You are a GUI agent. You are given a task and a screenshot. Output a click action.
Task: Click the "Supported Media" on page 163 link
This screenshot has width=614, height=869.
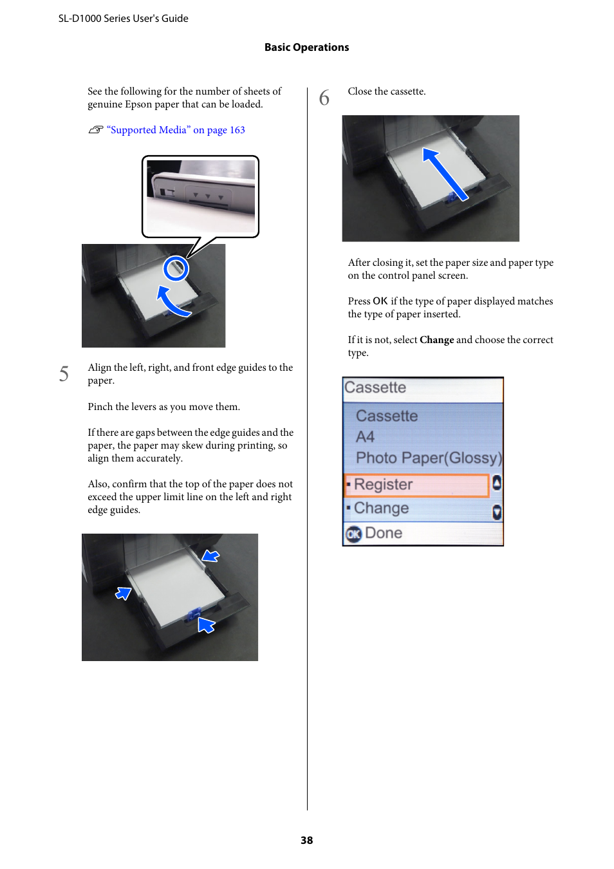[176, 130]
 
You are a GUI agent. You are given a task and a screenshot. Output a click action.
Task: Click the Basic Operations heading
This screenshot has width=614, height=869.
[306, 48]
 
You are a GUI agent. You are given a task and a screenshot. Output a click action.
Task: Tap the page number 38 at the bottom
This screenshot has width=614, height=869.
[306, 840]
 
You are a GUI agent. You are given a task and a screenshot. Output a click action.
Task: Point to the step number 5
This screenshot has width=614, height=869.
[64, 374]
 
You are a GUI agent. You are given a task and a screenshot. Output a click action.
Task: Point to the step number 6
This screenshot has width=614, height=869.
[324, 98]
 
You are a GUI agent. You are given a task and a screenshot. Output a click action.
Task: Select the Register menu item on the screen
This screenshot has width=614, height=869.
[417, 485]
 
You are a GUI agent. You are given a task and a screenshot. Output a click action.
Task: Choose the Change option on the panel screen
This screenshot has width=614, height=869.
[382, 509]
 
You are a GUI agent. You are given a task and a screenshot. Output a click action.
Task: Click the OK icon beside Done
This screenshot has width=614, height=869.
[353, 534]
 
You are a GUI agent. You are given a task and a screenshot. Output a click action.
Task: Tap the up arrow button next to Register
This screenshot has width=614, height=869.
[497, 483]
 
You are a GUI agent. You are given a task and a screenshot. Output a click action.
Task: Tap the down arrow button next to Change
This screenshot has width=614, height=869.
[497, 512]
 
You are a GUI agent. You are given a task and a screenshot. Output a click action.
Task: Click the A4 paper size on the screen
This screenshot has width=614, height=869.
[365, 437]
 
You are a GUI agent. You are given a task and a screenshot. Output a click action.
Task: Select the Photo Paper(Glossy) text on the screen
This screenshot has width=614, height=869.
[428, 458]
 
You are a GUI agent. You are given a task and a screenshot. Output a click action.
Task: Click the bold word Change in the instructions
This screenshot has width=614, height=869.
[436, 340]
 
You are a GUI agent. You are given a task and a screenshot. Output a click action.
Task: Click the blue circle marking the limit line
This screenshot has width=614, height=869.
[176, 268]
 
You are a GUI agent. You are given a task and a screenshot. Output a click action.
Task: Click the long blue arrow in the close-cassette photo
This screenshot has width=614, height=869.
[444, 174]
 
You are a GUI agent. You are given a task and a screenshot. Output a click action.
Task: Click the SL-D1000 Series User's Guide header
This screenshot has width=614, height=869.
[124, 19]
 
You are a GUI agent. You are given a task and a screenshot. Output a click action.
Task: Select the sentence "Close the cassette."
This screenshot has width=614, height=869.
[386, 91]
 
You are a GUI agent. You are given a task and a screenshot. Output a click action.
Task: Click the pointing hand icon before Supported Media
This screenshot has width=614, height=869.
[96, 130]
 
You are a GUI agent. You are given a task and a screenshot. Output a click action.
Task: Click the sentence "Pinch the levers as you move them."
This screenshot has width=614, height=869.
[163, 407]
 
